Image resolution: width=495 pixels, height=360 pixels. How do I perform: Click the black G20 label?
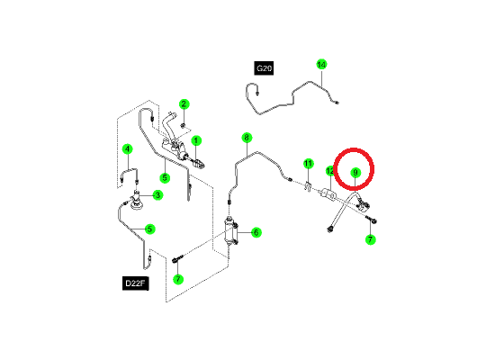click(x=264, y=68)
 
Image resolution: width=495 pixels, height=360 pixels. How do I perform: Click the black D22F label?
click(x=135, y=283)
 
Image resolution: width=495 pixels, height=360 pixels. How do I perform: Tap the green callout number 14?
click(x=321, y=65)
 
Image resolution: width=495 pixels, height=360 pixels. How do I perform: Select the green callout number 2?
click(x=184, y=103)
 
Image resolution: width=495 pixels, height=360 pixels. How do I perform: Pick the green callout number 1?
click(x=196, y=140)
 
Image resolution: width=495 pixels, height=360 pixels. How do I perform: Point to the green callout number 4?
click(x=127, y=149)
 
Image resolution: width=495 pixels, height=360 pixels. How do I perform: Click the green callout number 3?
click(x=157, y=195)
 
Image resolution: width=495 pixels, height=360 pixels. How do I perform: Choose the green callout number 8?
click(x=247, y=138)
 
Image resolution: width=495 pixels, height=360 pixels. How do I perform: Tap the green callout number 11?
click(x=309, y=164)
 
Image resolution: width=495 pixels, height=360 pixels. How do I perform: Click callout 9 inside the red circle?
click(x=355, y=173)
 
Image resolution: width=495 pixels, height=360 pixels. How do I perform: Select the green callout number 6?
click(x=256, y=233)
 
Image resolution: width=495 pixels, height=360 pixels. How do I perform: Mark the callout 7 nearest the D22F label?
click(x=178, y=279)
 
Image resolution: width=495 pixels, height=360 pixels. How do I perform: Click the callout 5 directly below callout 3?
click(x=150, y=229)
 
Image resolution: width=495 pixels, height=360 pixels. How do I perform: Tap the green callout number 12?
click(x=330, y=171)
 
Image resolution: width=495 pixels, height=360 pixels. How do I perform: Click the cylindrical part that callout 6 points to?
click(x=231, y=231)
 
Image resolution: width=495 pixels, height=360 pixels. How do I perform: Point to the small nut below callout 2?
click(x=183, y=126)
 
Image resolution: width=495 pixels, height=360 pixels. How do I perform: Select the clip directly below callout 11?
click(x=308, y=185)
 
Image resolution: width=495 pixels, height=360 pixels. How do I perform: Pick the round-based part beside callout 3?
click(x=137, y=202)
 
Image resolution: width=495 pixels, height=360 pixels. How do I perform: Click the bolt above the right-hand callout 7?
click(x=371, y=220)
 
